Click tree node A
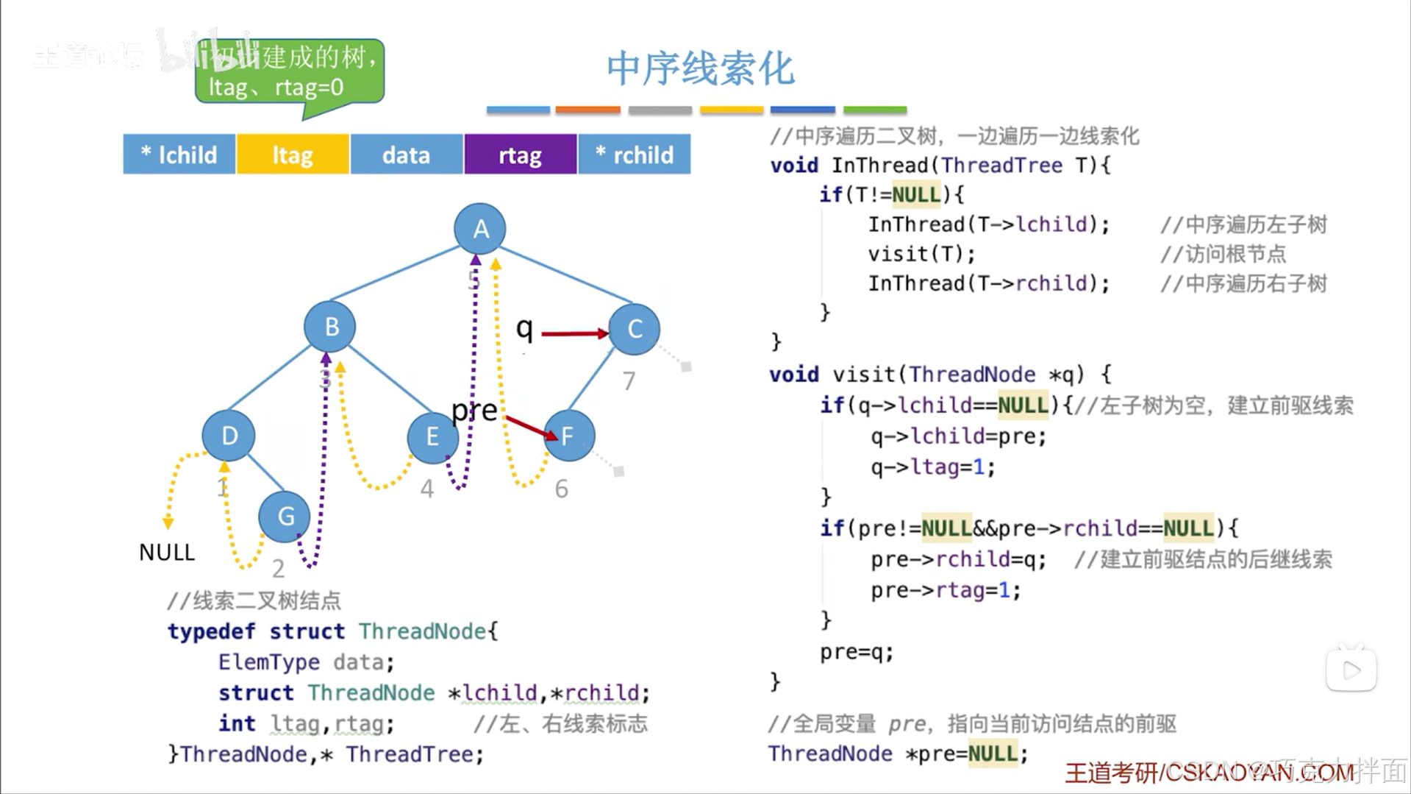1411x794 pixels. pyautogui.click(x=480, y=229)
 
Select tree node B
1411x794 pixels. pyautogui.click(x=330, y=327)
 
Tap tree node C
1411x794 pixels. pyautogui.click(x=635, y=329)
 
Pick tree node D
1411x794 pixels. pyautogui.click(x=229, y=436)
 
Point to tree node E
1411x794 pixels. pyautogui.click(x=432, y=437)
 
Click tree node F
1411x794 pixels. pyautogui.click(x=568, y=436)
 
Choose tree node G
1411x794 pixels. pyautogui.click(x=285, y=516)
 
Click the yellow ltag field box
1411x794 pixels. pyautogui.click(x=293, y=155)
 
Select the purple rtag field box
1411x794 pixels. pyautogui.click(x=520, y=155)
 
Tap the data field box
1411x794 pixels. pyautogui.click(x=406, y=155)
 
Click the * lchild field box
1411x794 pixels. pyautogui.click(x=179, y=155)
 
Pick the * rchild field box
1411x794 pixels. pyautogui.click(x=635, y=155)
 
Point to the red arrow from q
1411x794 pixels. pyautogui.click(x=574, y=334)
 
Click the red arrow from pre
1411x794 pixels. pyautogui.click(x=531, y=428)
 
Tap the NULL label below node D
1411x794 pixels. pyautogui.click(x=167, y=552)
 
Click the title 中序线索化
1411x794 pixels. pyautogui.click(x=700, y=68)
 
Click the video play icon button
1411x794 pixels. pyautogui.click(x=1351, y=670)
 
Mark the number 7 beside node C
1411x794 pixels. pyautogui.click(x=629, y=381)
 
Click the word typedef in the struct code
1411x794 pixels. pyautogui.click(x=211, y=631)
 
